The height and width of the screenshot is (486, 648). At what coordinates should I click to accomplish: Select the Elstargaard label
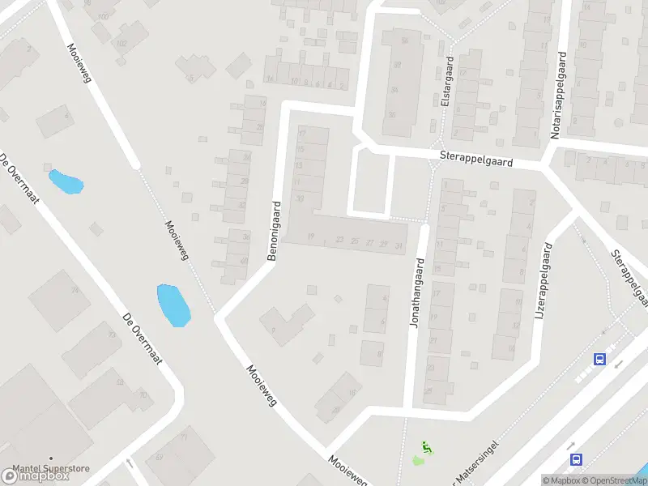[x=446, y=82]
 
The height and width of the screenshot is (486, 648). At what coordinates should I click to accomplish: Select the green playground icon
[x=427, y=446]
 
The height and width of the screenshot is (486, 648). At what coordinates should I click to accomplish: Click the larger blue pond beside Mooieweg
[x=173, y=305]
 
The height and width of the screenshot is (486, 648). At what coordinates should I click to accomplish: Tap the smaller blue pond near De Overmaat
[x=66, y=181]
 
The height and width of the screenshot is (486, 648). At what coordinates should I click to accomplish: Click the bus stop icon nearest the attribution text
[x=576, y=459]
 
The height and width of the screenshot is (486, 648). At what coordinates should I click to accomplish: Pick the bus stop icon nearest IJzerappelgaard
[x=600, y=359]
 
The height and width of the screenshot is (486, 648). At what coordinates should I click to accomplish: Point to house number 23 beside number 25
[x=339, y=240]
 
